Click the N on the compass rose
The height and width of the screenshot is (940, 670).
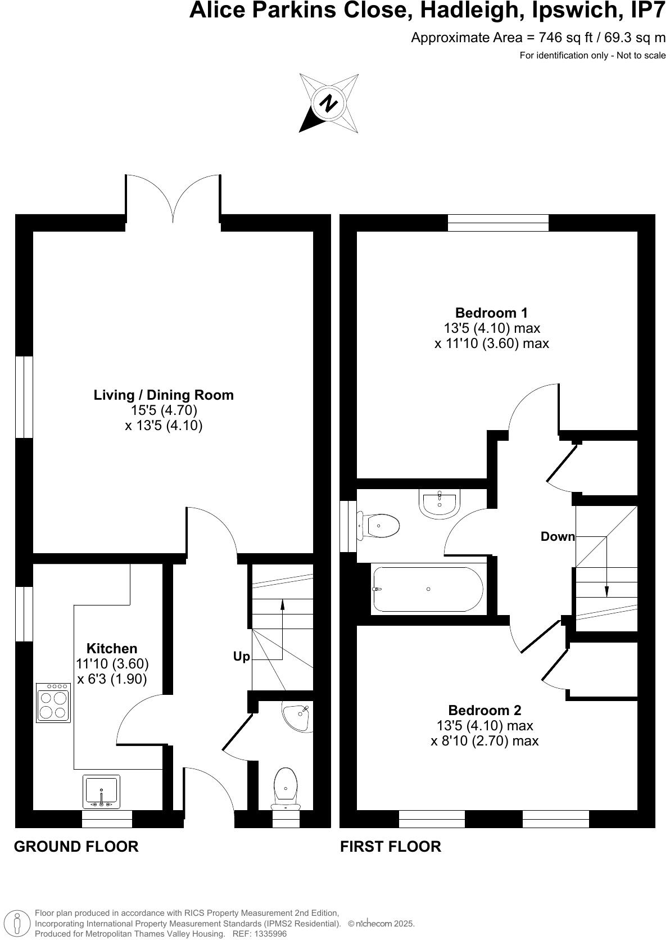pos(328,103)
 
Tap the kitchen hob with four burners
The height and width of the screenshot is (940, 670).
pos(53,703)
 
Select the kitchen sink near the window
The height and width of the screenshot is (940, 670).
pos(101,792)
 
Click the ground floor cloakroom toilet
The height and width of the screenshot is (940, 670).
pos(286,786)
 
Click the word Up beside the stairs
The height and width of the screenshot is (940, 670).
pos(242,657)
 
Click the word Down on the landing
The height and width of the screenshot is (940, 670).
pos(558,536)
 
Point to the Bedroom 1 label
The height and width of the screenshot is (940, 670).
pos(491,313)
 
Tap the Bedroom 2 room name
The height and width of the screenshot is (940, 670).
pos(485,710)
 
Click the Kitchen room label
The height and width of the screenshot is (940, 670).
pos(112,648)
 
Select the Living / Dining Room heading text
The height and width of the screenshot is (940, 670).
pos(164,395)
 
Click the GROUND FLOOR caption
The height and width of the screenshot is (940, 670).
pos(76,846)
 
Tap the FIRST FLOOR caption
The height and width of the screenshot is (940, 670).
pos(391,846)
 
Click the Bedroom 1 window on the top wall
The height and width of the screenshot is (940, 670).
pos(498,223)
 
